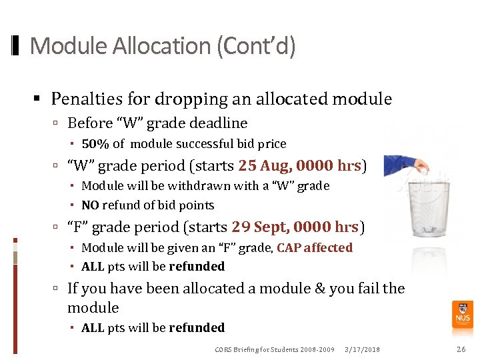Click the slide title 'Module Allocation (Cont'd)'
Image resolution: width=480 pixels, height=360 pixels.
[x=162, y=46]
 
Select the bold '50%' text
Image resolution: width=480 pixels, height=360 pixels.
[x=95, y=143]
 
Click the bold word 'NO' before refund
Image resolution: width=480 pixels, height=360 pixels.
[x=91, y=205]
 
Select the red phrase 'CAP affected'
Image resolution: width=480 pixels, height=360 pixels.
[x=315, y=247]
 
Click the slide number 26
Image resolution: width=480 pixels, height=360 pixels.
[x=461, y=349]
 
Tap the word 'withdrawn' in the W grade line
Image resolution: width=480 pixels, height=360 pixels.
[x=194, y=186]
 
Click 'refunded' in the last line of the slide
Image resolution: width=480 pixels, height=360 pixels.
[x=197, y=327]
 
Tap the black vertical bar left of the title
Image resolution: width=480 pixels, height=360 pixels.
[x=16, y=46]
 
